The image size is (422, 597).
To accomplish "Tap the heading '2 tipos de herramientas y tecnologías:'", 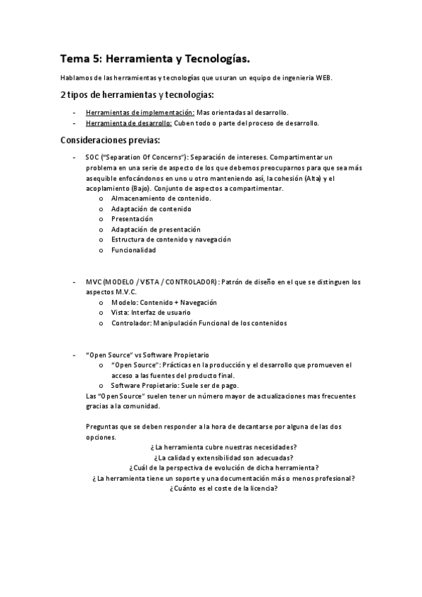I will click(137, 94).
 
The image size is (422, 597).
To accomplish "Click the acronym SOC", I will click(92, 158).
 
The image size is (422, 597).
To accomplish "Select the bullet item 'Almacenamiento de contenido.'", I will click(161, 199).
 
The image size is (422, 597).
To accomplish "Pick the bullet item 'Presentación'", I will click(132, 219).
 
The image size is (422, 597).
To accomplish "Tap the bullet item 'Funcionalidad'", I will click(133, 250).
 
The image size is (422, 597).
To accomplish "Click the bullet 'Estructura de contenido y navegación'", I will click(170, 239).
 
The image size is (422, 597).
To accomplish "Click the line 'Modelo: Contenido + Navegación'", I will click(163, 302).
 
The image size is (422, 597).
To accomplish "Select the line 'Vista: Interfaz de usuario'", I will click(151, 313).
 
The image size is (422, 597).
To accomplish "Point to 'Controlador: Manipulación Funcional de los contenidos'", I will click(199, 323).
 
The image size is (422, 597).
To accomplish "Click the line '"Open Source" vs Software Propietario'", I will click(147, 355).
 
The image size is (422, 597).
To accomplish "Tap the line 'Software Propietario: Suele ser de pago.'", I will click(175, 385).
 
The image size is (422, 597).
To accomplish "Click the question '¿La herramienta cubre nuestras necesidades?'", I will click(223, 447).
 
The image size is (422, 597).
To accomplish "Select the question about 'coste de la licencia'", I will click(223, 489).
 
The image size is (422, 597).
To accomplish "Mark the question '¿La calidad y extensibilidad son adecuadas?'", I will click(223, 458).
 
